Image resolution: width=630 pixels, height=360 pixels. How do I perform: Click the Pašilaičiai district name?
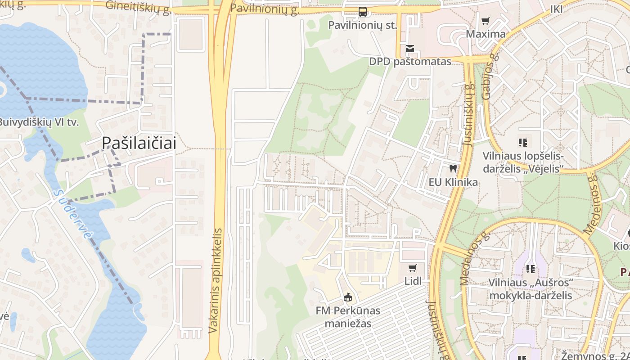pos(139,143)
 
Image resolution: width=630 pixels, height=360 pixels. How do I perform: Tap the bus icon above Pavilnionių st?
pos(362,11)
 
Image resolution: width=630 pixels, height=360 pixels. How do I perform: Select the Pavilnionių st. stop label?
pos(362,25)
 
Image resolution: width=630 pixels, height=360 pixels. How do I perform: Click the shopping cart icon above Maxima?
pos(485,21)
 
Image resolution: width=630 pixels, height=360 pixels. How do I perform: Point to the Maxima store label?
pos(485,34)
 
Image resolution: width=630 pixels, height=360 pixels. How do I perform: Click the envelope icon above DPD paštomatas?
pos(409,48)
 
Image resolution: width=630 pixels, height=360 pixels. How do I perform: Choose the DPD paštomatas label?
pos(409,62)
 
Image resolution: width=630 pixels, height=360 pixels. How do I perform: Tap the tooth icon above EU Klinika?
pos(453,169)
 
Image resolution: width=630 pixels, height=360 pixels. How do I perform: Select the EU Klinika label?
pos(453,182)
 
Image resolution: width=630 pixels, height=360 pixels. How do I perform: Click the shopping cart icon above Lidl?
pos(412,268)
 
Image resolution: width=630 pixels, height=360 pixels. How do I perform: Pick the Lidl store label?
pos(413,281)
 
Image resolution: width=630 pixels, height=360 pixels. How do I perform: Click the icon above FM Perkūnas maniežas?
pos(347,297)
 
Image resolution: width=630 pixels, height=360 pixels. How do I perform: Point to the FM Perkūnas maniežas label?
pos(347,317)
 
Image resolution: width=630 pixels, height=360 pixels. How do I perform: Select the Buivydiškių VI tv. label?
pos(39,122)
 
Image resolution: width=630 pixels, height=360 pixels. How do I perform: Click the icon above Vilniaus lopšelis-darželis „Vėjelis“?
pos(523,143)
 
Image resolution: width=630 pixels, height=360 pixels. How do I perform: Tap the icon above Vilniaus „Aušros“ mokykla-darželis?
pos(531,269)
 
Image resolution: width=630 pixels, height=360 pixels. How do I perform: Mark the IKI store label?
pos(556,9)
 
